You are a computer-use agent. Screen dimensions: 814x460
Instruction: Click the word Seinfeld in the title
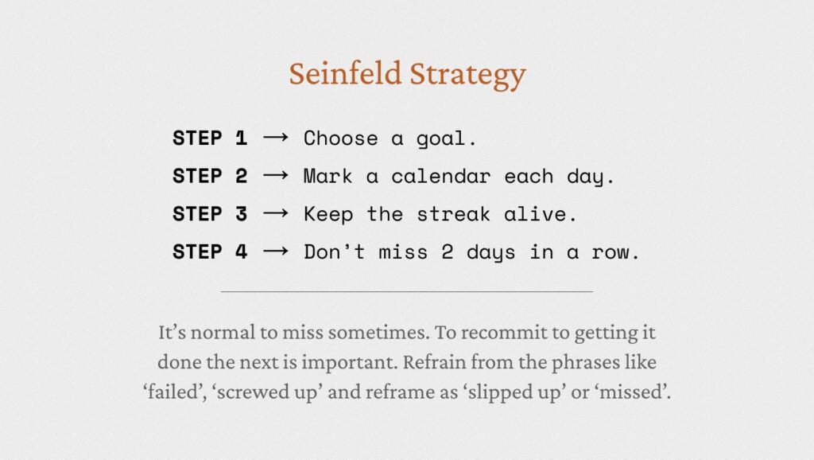click(x=345, y=73)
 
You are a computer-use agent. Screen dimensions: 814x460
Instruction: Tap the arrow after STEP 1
click(x=276, y=138)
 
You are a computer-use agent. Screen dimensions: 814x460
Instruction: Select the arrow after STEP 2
click(x=276, y=176)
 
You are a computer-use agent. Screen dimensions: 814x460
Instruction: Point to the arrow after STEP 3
click(x=276, y=213)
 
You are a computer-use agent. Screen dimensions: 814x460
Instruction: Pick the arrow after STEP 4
click(x=276, y=251)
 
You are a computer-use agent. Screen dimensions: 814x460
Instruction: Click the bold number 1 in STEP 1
click(x=241, y=138)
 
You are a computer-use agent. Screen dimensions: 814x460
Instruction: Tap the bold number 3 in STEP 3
click(x=241, y=214)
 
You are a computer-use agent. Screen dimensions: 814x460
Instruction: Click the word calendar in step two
click(x=440, y=176)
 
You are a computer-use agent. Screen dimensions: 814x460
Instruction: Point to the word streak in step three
click(x=453, y=214)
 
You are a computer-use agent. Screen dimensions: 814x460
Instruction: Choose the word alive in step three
click(x=535, y=214)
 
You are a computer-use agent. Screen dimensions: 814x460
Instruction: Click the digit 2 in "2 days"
click(x=448, y=252)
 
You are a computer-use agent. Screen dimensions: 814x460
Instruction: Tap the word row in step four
click(x=610, y=254)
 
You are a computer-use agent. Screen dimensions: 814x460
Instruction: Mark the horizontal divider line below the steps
click(x=407, y=291)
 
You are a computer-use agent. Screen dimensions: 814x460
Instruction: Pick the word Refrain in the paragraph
click(x=433, y=362)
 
